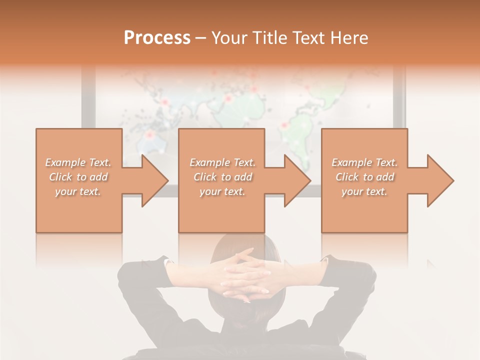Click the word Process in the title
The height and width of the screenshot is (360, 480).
(157, 38)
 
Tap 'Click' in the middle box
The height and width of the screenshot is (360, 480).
(204, 177)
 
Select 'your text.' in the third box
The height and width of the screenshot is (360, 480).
(364, 191)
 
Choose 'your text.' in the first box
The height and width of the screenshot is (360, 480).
(78, 191)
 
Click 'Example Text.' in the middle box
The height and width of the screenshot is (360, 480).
(222, 162)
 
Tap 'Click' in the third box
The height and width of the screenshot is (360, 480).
(346, 177)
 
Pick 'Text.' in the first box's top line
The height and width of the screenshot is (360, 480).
(100, 162)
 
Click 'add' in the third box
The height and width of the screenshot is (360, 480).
(385, 177)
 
